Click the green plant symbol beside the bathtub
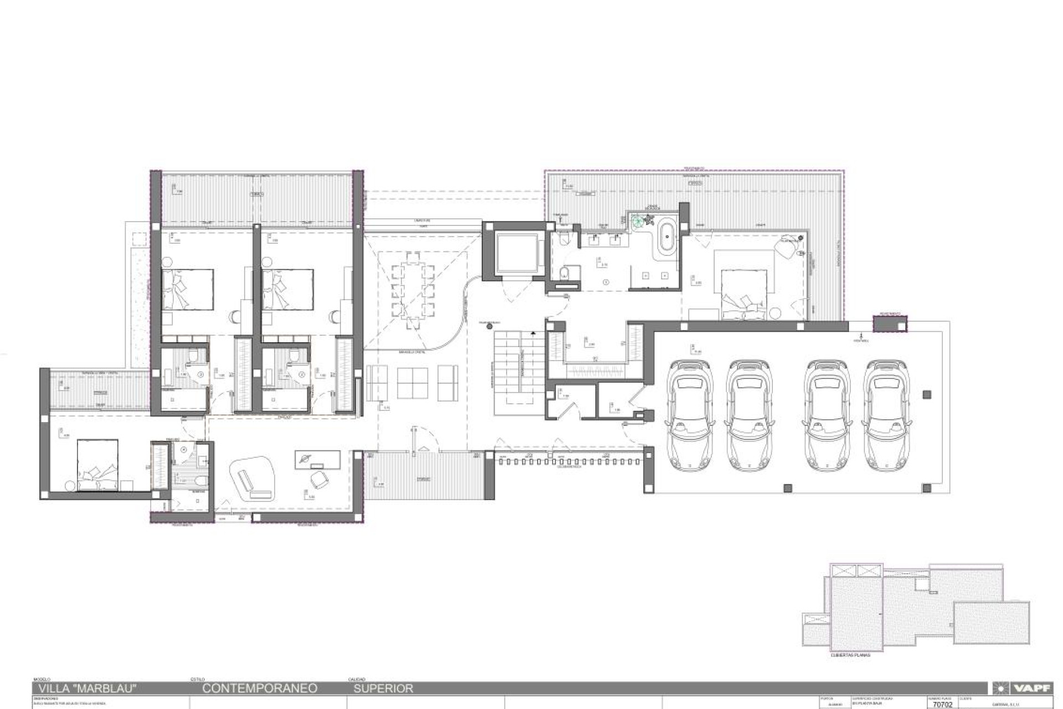[639, 220]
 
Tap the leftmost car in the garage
[689, 415]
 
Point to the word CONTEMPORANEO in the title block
[260, 689]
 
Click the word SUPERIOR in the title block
[383, 689]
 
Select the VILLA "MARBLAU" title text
[87, 689]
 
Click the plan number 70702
[942, 705]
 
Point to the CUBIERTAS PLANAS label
[850, 655]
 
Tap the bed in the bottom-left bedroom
[97, 465]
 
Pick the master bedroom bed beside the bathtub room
[744, 294]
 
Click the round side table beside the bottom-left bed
[70, 486]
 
